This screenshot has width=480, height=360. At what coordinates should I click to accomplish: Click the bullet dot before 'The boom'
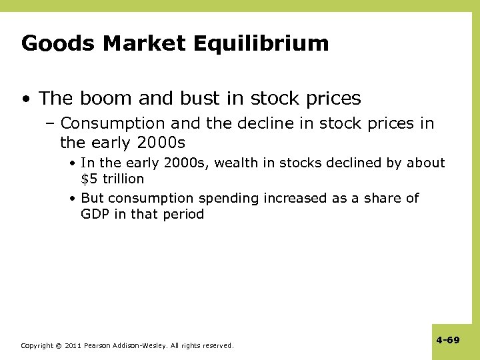(x=25, y=99)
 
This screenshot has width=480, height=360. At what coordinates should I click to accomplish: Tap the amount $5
(x=89, y=179)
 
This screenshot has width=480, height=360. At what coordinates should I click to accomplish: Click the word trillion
(x=123, y=179)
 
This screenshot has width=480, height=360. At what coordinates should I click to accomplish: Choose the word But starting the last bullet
(x=93, y=198)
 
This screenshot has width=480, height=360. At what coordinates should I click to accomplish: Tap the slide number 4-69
(x=448, y=340)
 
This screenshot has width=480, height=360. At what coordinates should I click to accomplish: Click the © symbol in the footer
(x=59, y=346)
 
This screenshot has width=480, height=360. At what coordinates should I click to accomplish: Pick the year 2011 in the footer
(x=73, y=346)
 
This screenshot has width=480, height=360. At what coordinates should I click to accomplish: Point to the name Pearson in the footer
(x=98, y=346)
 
